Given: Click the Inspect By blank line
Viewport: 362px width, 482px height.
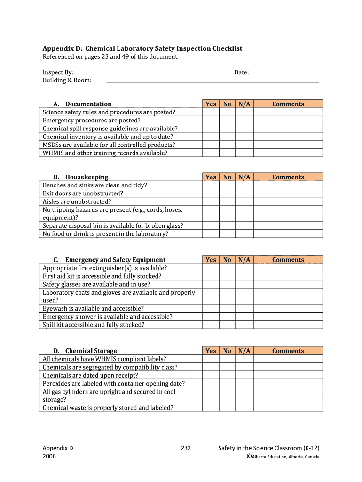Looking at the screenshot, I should (x=148, y=74).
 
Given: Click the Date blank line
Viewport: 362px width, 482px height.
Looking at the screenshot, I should (x=287, y=74).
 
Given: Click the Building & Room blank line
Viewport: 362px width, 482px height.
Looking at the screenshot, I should (x=212, y=82).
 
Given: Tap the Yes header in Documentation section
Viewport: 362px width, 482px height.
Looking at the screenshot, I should (x=211, y=104).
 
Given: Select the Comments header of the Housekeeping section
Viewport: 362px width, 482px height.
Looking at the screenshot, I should (x=288, y=177).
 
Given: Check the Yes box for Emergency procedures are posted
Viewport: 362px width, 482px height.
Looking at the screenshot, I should (x=211, y=120).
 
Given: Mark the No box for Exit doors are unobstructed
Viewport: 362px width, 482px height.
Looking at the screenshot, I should (x=227, y=193).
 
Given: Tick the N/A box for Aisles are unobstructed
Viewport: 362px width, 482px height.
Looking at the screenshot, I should (x=244, y=201).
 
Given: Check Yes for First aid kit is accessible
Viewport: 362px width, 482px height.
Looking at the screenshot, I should (x=211, y=276).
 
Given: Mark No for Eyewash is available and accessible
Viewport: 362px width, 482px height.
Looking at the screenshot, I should (x=227, y=309).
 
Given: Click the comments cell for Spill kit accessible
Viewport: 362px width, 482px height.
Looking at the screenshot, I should (x=288, y=325).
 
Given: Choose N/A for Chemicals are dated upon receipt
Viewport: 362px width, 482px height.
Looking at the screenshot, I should (x=244, y=375).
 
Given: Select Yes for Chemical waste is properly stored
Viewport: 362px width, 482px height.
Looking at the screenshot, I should (x=211, y=408).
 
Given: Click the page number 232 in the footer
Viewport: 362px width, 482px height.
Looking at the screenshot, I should (x=186, y=448).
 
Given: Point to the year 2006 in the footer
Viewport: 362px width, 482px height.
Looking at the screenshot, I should (x=49, y=456).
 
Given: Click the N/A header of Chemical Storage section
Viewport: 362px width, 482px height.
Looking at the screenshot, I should (x=244, y=351).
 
